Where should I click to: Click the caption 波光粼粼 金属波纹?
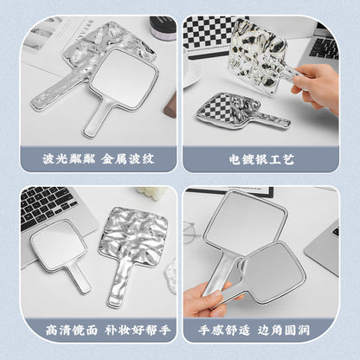(99, 159)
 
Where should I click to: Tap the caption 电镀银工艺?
(261, 159)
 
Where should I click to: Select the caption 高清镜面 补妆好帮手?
(108, 331)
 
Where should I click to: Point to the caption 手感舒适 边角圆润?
(254, 331)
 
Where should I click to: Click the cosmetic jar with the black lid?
(163, 28)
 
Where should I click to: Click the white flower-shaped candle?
(151, 194)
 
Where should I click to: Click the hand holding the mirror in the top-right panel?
(318, 86)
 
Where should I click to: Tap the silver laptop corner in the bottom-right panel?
(323, 249)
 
